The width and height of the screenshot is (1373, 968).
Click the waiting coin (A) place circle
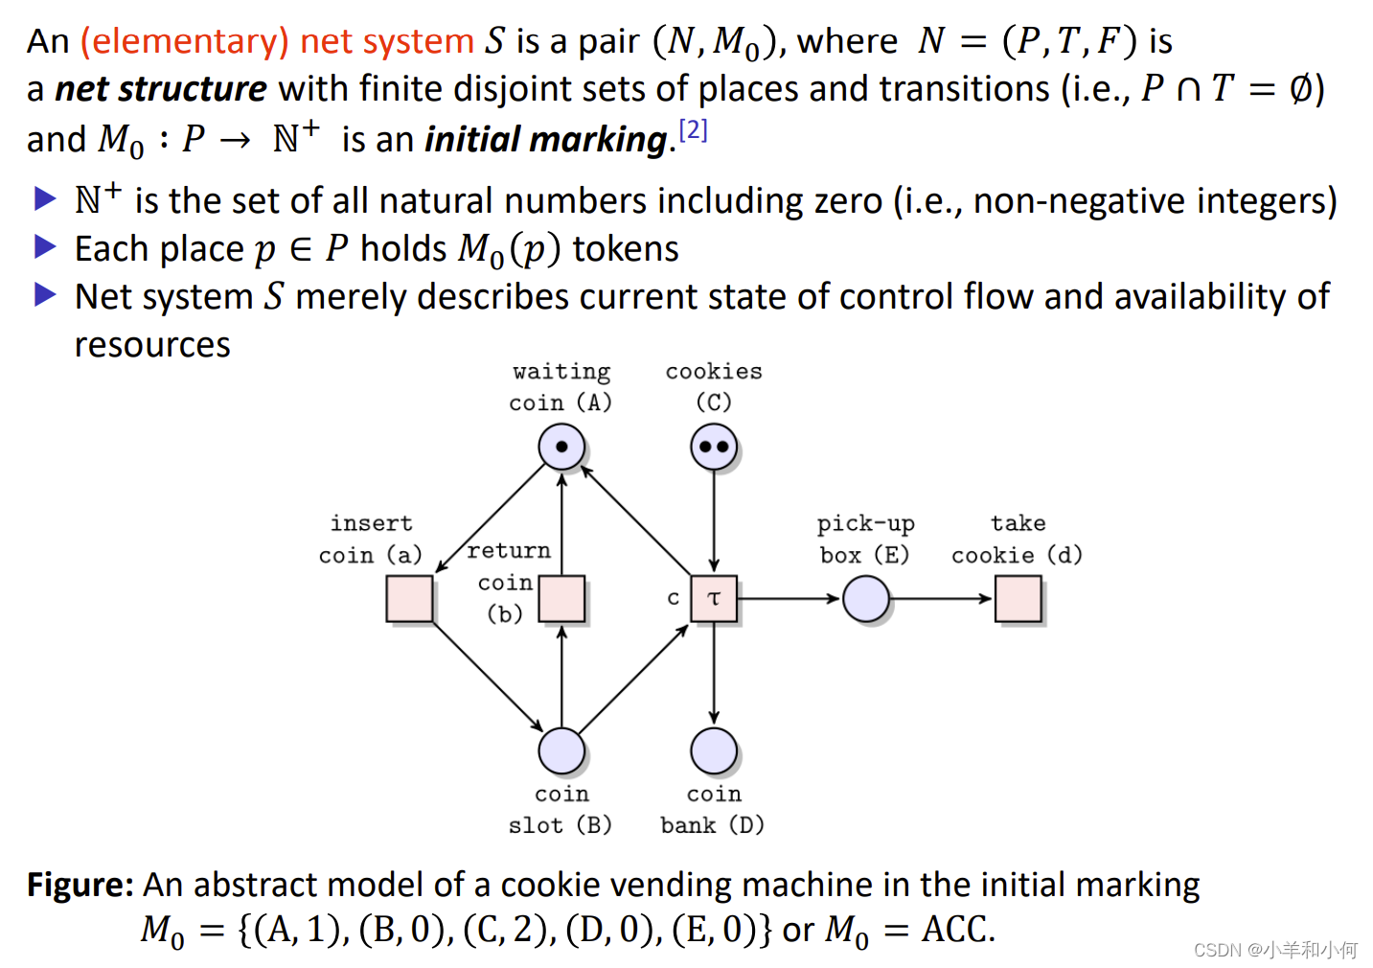[x=561, y=447]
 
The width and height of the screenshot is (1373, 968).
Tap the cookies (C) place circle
[x=714, y=447]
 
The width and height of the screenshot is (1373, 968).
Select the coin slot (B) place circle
[x=561, y=750]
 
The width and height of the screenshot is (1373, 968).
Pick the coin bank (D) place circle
[x=714, y=750]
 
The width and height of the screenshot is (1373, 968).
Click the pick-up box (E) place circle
[x=866, y=599]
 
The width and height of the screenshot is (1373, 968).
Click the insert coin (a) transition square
[x=410, y=599]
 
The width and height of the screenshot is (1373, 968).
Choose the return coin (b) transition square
[x=561, y=599]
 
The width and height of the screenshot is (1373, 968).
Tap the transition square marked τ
[x=714, y=599]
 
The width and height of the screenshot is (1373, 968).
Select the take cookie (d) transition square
[x=1018, y=599]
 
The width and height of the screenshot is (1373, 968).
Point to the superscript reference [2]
[x=693, y=129]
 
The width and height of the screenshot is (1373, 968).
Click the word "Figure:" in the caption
[x=80, y=885]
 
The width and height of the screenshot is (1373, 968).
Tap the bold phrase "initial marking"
[x=546, y=140]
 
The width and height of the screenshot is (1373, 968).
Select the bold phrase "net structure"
[x=161, y=89]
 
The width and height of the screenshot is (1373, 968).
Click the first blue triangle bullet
[x=45, y=199]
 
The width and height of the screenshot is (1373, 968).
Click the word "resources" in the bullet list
[x=152, y=345]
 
